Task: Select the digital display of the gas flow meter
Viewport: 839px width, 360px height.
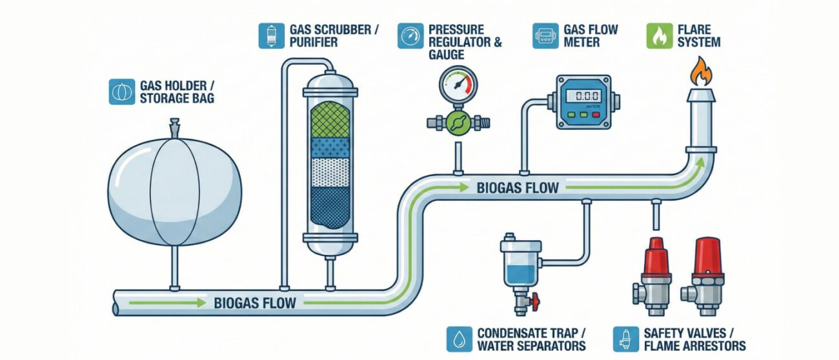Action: coord(583,95)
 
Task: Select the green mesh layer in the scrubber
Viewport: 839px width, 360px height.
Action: coord(330,121)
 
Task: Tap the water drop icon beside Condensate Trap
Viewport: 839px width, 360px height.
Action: coord(459,339)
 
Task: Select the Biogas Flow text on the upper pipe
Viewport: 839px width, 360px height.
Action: coord(518,188)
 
